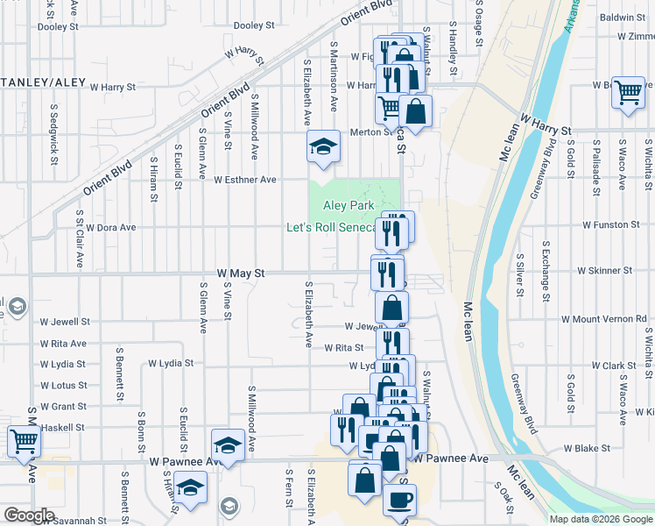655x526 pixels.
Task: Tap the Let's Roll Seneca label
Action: (x=331, y=228)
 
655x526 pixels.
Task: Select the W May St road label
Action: (x=235, y=274)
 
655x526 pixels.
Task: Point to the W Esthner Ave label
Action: (x=245, y=180)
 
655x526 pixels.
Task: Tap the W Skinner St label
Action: (x=603, y=272)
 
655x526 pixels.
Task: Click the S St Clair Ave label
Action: (x=80, y=238)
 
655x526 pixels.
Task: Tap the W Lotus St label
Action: (x=63, y=386)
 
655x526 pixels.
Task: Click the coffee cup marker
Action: (x=400, y=500)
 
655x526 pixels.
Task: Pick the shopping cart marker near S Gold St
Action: (x=628, y=92)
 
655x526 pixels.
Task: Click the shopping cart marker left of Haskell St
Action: (x=23, y=442)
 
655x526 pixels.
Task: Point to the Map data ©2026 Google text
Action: (x=600, y=519)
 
